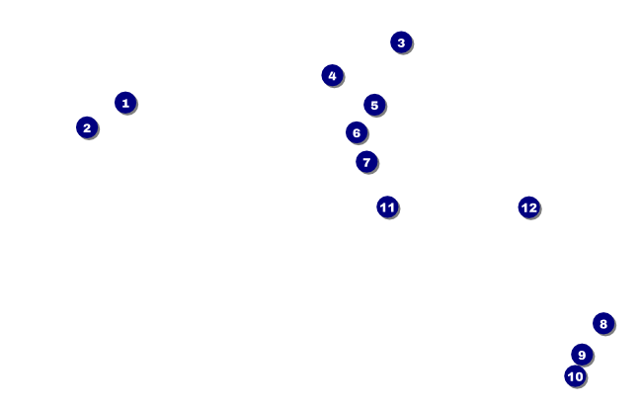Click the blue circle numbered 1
pyautogui.click(x=124, y=103)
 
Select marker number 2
pyautogui.click(x=87, y=127)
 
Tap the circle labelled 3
pyautogui.click(x=400, y=42)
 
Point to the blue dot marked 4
pyautogui.click(x=332, y=76)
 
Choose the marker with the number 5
pyautogui.click(x=373, y=106)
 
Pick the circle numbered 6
pyautogui.click(x=357, y=132)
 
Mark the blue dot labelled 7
pyautogui.click(x=366, y=162)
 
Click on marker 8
pyautogui.click(x=603, y=324)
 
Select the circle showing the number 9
pyautogui.click(x=582, y=355)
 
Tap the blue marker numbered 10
pyautogui.click(x=576, y=376)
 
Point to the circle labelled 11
pyautogui.click(x=387, y=207)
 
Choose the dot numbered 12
pyautogui.click(x=529, y=207)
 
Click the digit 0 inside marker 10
pyautogui.click(x=580, y=376)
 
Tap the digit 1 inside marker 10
pyautogui.click(x=571, y=376)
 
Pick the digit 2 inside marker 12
pyautogui.click(x=533, y=207)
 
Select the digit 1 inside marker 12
pyautogui.click(x=524, y=207)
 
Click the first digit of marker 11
pyautogui.click(x=383, y=207)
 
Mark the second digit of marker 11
pyautogui.click(x=391, y=207)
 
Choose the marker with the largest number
pyautogui.click(x=529, y=207)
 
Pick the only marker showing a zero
pyautogui.click(x=576, y=376)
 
